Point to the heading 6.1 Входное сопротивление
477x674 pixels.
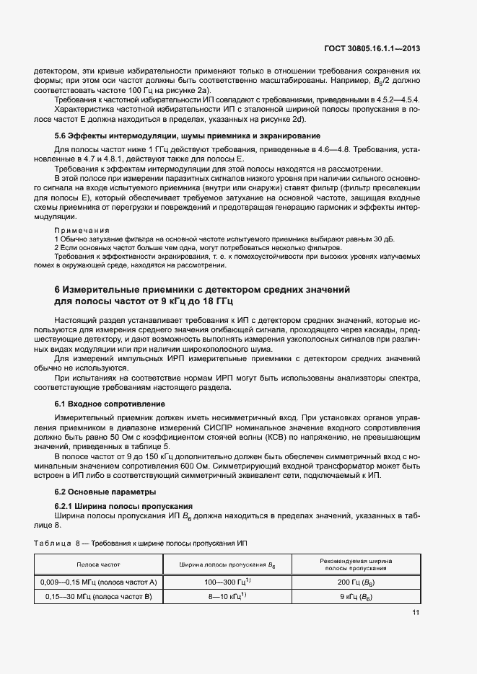[x=108, y=405]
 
